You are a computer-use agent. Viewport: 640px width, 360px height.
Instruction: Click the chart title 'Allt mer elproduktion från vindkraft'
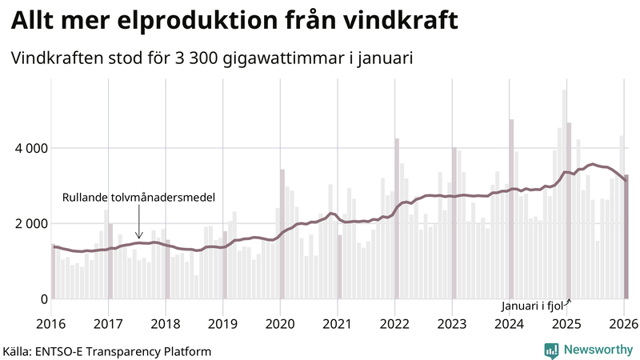click(234, 22)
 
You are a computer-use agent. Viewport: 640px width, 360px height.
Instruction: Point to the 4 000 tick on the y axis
click(31, 148)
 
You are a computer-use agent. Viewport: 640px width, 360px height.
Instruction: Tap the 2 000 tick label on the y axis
click(31, 223)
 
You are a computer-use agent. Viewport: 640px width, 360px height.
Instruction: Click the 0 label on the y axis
click(44, 298)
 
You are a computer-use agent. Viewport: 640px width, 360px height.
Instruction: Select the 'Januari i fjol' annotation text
click(533, 306)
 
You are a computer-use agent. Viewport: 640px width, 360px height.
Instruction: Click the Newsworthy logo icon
click(551, 350)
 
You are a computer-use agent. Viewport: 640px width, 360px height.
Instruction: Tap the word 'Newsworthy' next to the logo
click(597, 350)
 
